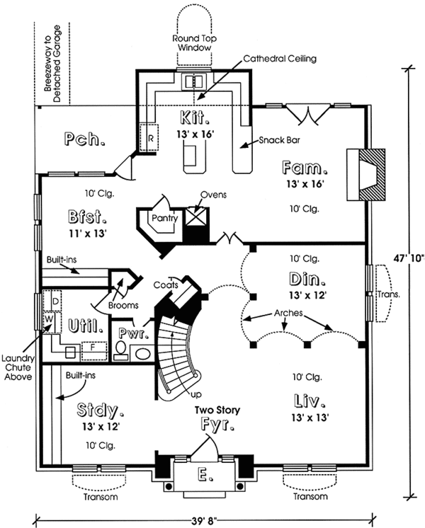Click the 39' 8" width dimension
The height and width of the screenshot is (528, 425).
click(x=201, y=518)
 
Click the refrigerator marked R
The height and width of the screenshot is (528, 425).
click(x=150, y=137)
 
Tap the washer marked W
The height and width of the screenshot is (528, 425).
click(x=49, y=318)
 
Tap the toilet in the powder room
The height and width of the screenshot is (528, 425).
click(x=120, y=350)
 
